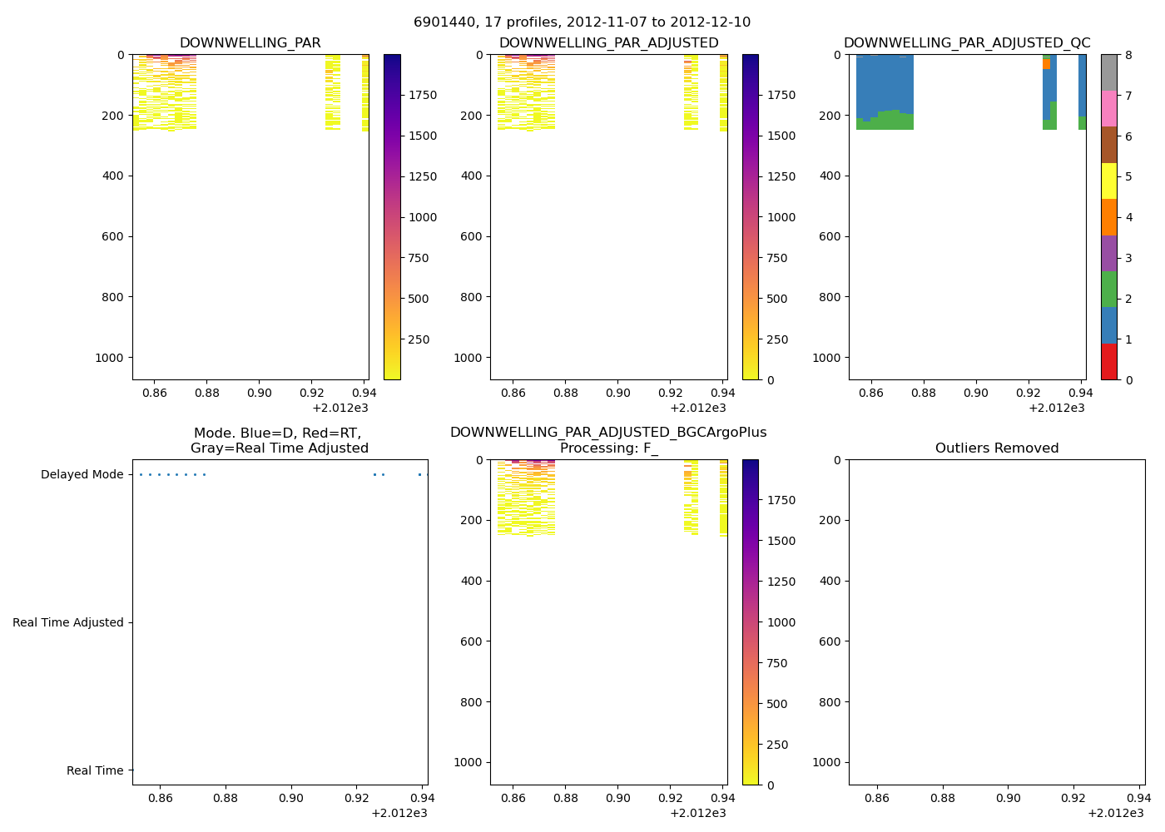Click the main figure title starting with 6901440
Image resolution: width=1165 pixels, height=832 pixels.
pos(582,22)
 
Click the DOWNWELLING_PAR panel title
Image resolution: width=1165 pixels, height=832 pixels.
pos(250,43)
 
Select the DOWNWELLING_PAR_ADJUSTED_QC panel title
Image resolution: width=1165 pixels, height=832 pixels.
pos(967,43)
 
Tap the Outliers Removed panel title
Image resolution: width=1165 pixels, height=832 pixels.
pos(997,448)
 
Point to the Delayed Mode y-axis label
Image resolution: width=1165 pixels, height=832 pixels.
pos(82,475)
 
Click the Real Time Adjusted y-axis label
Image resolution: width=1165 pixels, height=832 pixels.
pos(68,623)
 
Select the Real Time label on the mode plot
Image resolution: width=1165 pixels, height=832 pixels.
pos(95,771)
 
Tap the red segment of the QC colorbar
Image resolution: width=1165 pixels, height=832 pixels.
pos(1108,362)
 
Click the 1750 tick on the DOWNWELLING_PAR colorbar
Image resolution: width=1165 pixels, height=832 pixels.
pos(422,96)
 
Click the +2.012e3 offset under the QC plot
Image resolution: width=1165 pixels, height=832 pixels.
pos(1056,409)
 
